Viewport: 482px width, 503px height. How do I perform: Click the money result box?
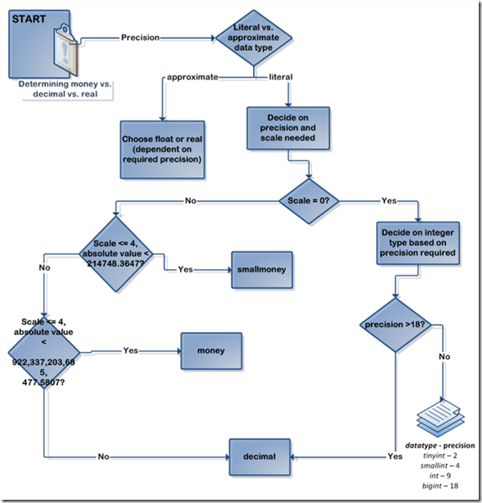[210, 350]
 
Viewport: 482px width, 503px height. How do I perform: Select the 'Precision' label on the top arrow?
[140, 37]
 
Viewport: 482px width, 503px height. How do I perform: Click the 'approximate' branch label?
[192, 77]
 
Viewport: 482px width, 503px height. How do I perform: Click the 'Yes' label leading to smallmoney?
[185, 269]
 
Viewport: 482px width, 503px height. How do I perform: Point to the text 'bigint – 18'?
[439, 486]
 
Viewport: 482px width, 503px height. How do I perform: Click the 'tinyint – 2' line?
[439, 456]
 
